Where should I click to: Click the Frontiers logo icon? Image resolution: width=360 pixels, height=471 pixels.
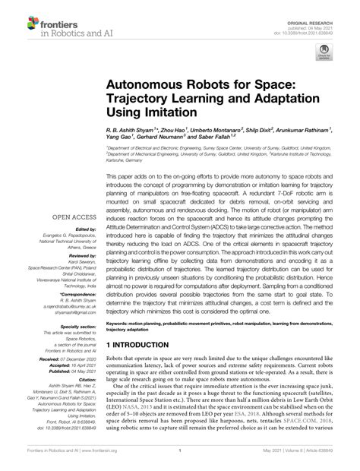pyautogui.click(x=15, y=17)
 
